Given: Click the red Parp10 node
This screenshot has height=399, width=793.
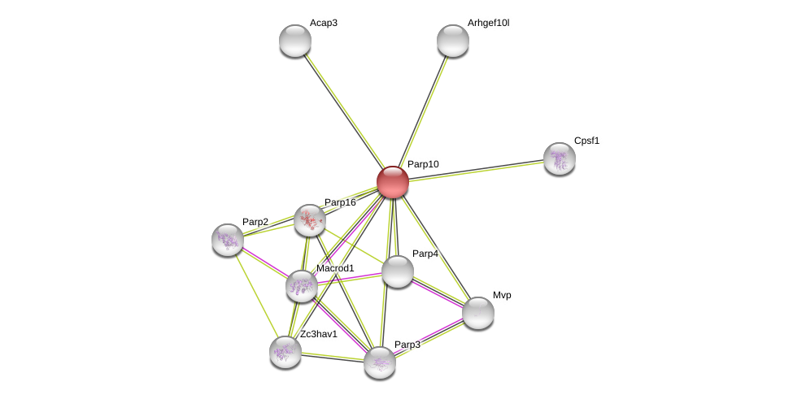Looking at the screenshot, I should (393, 182).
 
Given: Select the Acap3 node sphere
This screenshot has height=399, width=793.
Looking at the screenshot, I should (295, 41).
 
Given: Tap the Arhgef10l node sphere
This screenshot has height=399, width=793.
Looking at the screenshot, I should (453, 41).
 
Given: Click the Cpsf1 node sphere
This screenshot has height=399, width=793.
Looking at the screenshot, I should (560, 158).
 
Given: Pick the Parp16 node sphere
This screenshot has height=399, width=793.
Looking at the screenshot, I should (310, 220).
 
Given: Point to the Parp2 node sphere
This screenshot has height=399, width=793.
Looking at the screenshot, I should (228, 240).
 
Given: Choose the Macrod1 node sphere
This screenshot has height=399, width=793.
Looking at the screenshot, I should (302, 286).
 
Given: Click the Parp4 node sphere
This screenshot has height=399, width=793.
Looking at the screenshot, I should (398, 271).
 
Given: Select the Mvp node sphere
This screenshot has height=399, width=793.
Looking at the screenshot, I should (478, 313).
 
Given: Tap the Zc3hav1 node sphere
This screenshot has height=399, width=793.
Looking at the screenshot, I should (285, 352).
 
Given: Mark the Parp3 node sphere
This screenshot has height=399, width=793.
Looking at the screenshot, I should (380, 362).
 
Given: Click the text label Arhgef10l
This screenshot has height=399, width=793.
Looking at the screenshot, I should (488, 23).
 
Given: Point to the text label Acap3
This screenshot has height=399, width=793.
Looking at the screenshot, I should (323, 23).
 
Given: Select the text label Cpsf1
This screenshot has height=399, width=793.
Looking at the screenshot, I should (586, 141).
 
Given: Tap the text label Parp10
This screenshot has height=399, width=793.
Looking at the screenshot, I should (423, 164).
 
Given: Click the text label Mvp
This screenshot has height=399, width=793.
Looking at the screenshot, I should (502, 295).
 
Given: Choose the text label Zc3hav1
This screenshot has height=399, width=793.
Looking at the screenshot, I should (318, 334).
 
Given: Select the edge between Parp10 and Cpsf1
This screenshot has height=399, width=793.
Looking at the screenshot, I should (476, 171).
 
